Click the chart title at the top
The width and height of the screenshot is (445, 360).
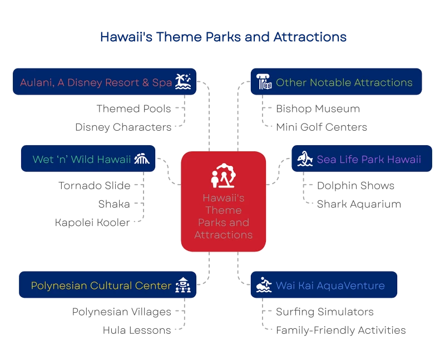[x=224, y=37]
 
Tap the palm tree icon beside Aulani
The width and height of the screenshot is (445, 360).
[x=183, y=81]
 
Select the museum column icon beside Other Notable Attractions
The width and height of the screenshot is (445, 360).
[x=264, y=81]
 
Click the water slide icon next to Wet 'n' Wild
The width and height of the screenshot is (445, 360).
[x=142, y=159]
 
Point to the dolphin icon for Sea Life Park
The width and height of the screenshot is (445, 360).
[x=305, y=159]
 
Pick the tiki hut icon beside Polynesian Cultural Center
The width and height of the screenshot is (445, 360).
[x=183, y=285]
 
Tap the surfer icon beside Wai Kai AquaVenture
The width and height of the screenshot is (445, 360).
[x=264, y=285]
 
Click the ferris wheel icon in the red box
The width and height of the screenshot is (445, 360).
[x=224, y=175]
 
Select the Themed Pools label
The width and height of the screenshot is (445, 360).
[x=133, y=109]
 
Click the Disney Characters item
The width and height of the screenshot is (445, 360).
[x=123, y=127]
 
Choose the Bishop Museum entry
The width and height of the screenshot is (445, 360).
[x=318, y=109]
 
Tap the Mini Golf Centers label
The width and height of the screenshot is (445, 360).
[x=322, y=127]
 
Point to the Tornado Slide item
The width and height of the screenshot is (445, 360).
[x=95, y=186]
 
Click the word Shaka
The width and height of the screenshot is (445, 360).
[x=114, y=204]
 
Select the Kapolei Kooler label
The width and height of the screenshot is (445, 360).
[x=92, y=223]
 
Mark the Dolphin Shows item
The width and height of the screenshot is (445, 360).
[x=355, y=186]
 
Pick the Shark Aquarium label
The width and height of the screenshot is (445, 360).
[x=359, y=204]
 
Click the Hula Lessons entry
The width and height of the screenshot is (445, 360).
[x=137, y=330]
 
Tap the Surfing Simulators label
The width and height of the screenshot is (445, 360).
[x=325, y=312]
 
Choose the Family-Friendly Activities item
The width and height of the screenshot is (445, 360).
[x=341, y=330]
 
